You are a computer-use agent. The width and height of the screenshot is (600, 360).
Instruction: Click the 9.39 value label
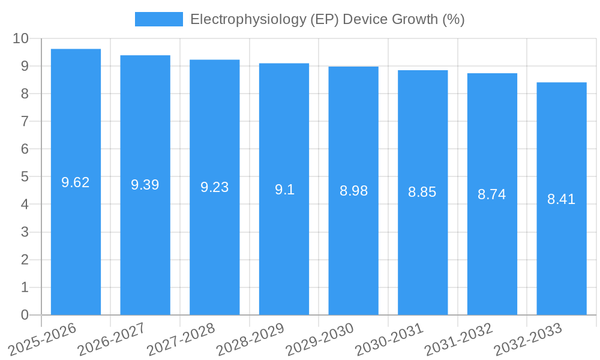pyautogui.click(x=145, y=185)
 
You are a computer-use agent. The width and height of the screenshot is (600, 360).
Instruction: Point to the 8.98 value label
pyautogui.click(x=353, y=191)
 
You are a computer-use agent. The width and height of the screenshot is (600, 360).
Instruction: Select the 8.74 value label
pyautogui.click(x=491, y=194)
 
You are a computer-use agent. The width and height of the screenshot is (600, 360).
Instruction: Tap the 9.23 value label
pyautogui.click(x=214, y=187)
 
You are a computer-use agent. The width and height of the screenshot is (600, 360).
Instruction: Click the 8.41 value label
pyautogui.click(x=561, y=199)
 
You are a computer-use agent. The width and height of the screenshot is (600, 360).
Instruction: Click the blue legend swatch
pyautogui.click(x=158, y=19)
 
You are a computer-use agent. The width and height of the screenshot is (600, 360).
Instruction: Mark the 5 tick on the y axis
pyautogui.click(x=25, y=177)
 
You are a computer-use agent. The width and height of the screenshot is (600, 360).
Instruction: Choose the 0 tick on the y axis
pyautogui.click(x=25, y=315)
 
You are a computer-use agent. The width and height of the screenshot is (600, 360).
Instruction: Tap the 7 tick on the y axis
pyautogui.click(x=25, y=121)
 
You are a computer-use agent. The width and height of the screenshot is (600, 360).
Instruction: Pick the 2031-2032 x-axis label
pyautogui.click(x=458, y=339)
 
